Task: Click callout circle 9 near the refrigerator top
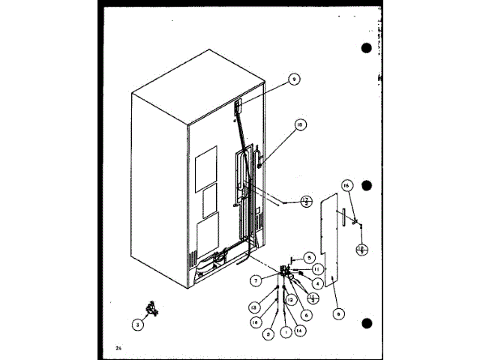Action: point(294,79)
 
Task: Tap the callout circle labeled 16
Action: point(346,184)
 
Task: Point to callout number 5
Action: point(308,256)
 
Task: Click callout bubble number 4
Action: point(319,283)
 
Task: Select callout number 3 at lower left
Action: point(137,325)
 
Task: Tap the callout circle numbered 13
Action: point(254,307)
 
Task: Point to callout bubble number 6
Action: point(306,314)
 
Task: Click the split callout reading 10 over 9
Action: point(361,249)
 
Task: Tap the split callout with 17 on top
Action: point(307,200)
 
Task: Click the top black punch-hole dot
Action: point(367,49)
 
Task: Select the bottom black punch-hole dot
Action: point(367,324)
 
